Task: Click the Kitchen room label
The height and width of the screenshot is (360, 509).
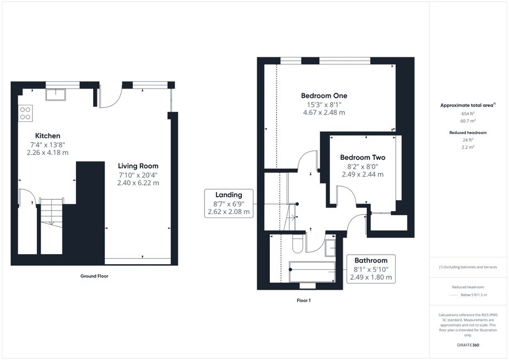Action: (47, 135)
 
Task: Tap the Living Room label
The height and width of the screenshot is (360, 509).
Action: (138, 166)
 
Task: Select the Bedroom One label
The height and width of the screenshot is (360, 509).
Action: (324, 95)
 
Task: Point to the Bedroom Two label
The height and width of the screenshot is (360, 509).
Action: (362, 158)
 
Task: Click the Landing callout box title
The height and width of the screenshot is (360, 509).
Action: (229, 195)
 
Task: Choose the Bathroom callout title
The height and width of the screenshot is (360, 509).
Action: (371, 260)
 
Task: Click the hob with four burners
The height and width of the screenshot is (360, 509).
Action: (25, 113)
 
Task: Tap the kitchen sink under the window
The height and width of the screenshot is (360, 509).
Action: (56, 95)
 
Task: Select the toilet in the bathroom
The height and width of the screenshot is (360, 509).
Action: (298, 243)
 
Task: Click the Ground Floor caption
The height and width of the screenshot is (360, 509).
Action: (94, 276)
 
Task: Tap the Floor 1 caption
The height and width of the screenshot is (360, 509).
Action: (303, 300)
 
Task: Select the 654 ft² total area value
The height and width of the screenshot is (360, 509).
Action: (468, 114)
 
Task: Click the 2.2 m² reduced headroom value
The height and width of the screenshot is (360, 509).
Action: (468, 147)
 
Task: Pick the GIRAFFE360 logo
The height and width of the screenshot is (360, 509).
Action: (468, 345)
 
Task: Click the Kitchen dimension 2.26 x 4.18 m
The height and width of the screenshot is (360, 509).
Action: (47, 153)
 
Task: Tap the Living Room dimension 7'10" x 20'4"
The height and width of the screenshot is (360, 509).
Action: (138, 175)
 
